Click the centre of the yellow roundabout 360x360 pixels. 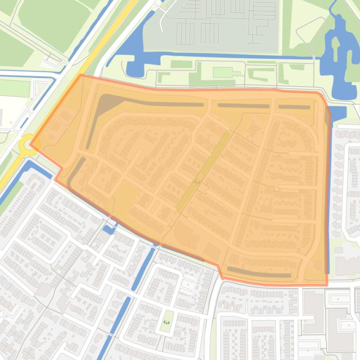[28, 144]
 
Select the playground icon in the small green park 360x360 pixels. [166, 322]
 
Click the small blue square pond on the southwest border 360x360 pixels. [109, 230]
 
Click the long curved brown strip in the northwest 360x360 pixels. [140, 101]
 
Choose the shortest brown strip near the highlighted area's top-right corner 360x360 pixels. [294, 107]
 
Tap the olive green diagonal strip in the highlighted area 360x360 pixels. [204, 171]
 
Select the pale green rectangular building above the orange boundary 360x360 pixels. [223, 72]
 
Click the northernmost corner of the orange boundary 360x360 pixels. [80, 74]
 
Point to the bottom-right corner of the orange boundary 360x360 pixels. [327, 285]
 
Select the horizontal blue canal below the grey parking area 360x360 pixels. [234, 56]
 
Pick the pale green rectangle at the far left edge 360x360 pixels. [14, 88]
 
